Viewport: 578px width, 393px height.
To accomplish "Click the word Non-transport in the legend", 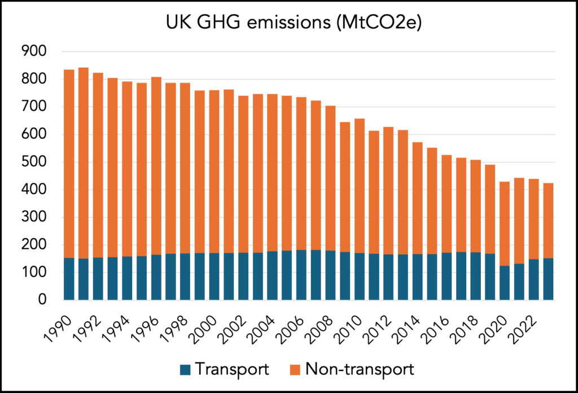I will [x=360, y=370].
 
